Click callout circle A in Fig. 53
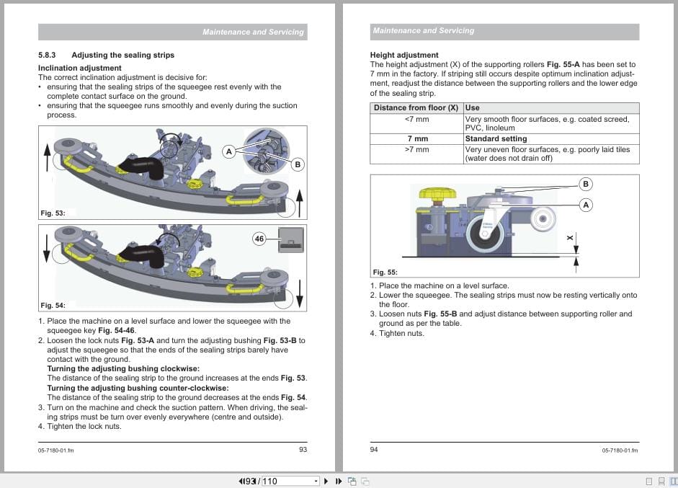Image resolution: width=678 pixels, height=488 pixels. pos(228,151)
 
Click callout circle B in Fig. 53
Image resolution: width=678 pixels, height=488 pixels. pos(297,164)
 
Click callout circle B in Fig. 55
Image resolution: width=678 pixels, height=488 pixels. pos(586,184)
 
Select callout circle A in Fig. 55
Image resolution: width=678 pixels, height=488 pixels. pos(586,205)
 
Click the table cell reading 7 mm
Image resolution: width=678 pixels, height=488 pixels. pos(416,138)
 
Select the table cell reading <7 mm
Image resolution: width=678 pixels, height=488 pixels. pos(416,119)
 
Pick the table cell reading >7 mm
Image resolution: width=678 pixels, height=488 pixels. pos(416,149)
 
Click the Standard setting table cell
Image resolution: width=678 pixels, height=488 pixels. pos(496,138)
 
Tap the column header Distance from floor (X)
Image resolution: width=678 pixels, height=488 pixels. pos(416,107)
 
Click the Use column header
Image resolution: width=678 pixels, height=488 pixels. pos(473,107)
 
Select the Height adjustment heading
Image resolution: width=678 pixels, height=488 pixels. pos(403,55)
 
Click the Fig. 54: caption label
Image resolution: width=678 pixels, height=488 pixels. pos(53,306)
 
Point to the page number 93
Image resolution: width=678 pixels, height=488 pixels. pos(303,450)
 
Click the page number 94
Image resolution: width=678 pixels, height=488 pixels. pos(374,450)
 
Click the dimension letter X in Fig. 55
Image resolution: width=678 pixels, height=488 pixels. pos(569,238)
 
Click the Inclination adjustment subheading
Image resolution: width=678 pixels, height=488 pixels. pos(79,68)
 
